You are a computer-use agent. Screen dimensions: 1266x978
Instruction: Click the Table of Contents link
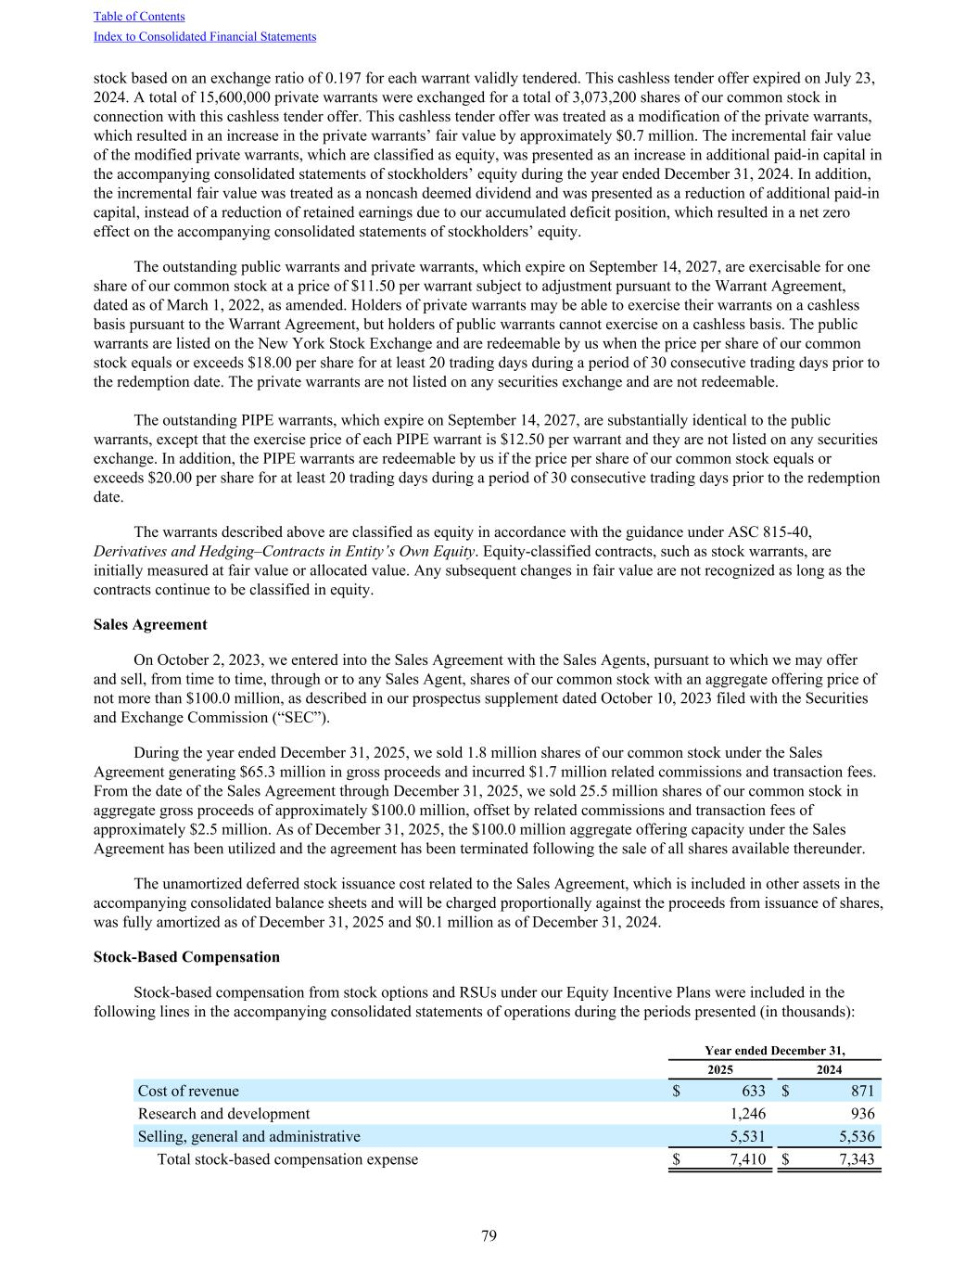tap(139, 17)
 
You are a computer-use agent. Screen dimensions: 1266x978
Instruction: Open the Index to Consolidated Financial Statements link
tap(205, 37)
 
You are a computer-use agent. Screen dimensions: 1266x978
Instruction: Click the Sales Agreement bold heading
tap(150, 624)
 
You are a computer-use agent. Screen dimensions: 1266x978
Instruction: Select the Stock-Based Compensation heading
tap(186, 956)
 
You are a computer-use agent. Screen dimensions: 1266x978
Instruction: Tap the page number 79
tap(489, 1235)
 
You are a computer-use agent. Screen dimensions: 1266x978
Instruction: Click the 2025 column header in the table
tap(720, 1070)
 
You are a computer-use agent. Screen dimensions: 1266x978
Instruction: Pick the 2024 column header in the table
tap(829, 1070)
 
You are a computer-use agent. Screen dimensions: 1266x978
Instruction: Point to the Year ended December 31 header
tap(774, 1051)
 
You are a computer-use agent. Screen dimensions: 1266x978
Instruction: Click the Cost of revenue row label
tap(188, 1091)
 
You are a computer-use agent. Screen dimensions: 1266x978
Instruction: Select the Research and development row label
tap(223, 1114)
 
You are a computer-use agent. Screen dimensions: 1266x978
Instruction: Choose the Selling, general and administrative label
tap(248, 1136)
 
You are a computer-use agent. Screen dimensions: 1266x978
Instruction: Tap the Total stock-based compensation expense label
tap(287, 1159)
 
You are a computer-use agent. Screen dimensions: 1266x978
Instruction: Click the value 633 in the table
tap(753, 1091)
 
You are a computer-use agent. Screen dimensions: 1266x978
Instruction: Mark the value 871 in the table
tap(862, 1091)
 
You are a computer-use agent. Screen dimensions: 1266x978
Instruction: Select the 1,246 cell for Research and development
tap(747, 1114)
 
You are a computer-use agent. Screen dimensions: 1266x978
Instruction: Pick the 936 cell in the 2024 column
tap(862, 1114)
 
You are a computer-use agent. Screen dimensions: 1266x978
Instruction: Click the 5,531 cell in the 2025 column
tap(747, 1136)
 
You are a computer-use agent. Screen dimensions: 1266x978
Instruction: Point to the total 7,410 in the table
tap(747, 1159)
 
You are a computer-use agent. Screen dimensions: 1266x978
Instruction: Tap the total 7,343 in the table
tap(856, 1159)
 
